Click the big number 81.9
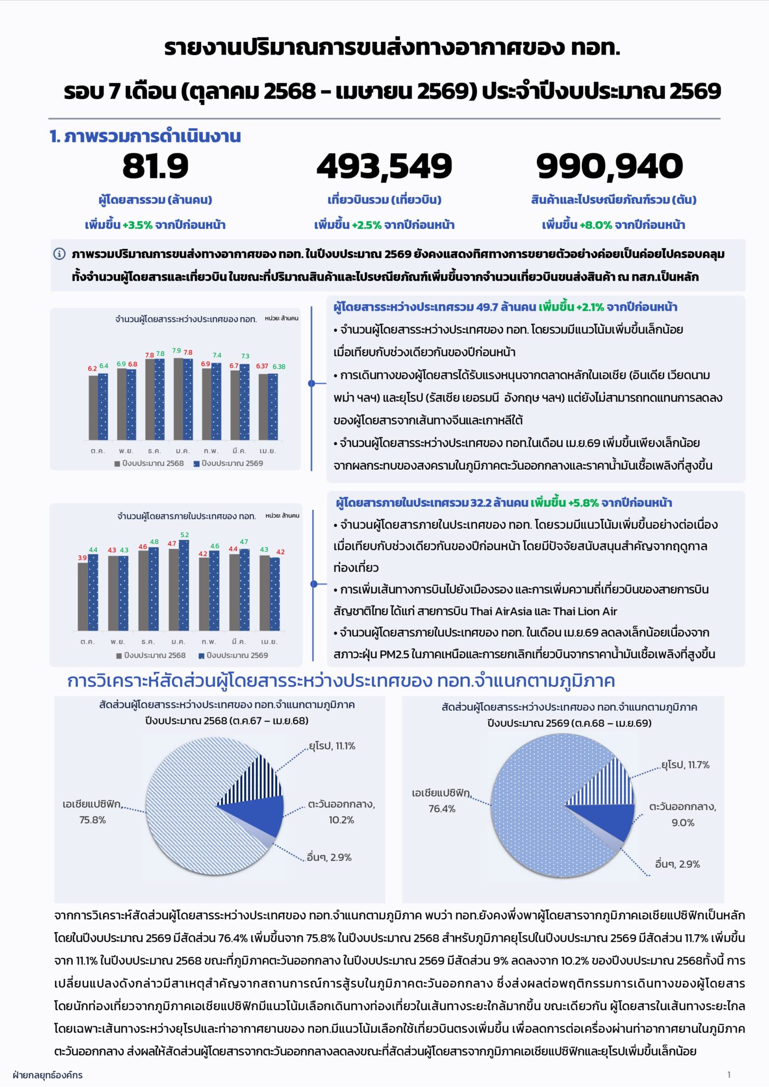point(156,166)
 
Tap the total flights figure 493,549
point(384,167)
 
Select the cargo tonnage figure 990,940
point(610,167)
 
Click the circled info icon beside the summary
point(59,254)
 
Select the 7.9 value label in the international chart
point(177,351)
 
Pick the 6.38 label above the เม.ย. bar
point(279,366)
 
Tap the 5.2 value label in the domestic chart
point(185,535)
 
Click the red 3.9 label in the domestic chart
point(82,558)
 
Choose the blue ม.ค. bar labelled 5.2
point(184,585)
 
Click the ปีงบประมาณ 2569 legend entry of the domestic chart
point(233,655)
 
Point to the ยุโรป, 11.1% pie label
point(332,746)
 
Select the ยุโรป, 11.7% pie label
point(685,765)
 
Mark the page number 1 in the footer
point(729,1075)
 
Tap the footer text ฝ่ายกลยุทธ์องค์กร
point(47,1075)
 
